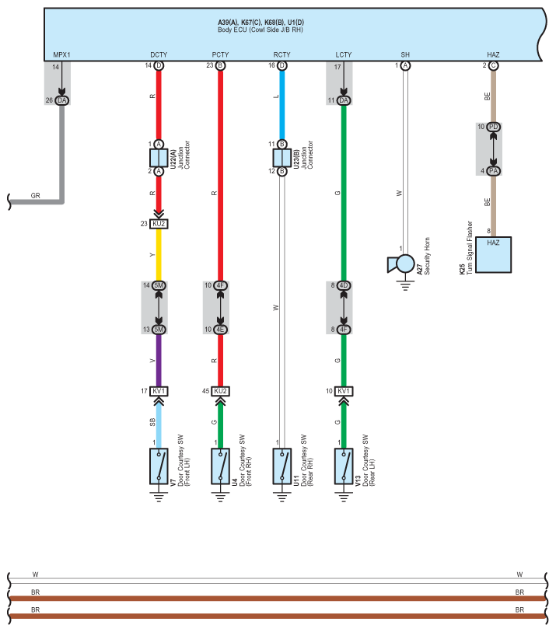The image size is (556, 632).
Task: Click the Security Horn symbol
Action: (x=401, y=265)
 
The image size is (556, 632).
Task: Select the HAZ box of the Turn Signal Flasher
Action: (x=493, y=254)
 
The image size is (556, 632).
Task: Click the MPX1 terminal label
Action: (x=61, y=55)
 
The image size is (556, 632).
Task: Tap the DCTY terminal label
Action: (x=159, y=55)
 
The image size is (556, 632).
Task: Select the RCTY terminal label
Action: (x=281, y=55)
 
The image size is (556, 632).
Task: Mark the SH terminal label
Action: (x=405, y=55)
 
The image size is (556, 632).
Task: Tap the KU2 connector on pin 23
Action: (x=159, y=224)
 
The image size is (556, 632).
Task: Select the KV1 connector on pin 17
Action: (x=159, y=391)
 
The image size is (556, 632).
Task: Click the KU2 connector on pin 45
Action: (x=220, y=391)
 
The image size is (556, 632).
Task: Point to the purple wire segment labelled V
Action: (x=159, y=360)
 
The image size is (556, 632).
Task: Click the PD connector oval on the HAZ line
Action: (x=493, y=127)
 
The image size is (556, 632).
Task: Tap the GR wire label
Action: (x=36, y=196)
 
